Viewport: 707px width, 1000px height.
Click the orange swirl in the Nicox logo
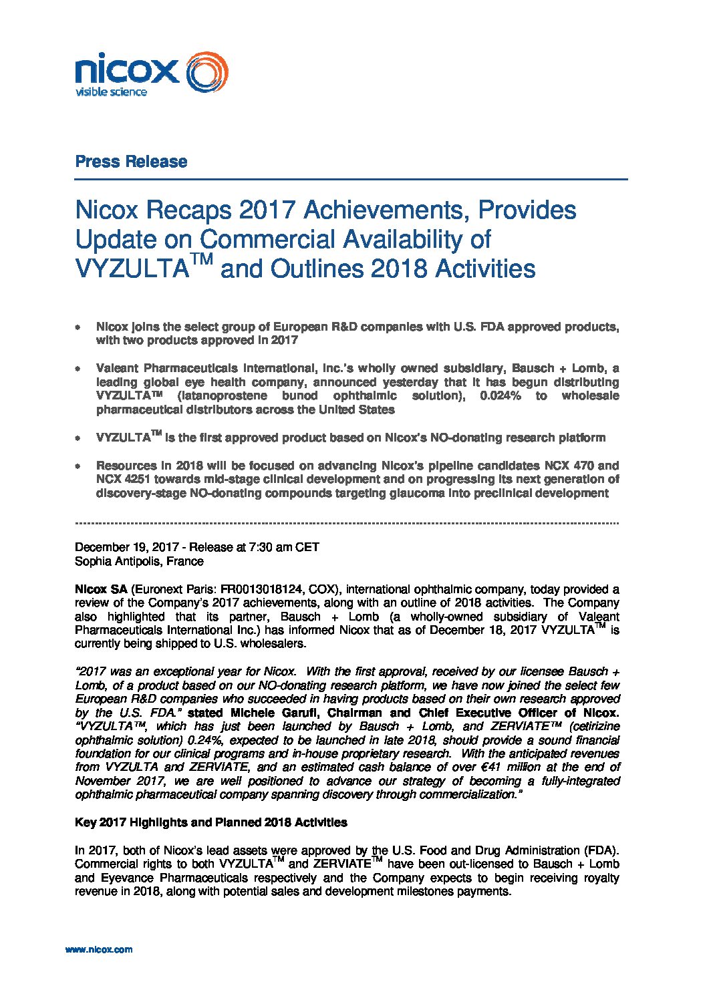206,71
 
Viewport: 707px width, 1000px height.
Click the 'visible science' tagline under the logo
110,92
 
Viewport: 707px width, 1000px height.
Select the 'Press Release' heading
131,162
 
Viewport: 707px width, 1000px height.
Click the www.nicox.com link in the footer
98,949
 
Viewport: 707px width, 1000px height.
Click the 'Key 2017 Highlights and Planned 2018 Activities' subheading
210,822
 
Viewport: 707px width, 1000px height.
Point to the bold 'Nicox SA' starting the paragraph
101,589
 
